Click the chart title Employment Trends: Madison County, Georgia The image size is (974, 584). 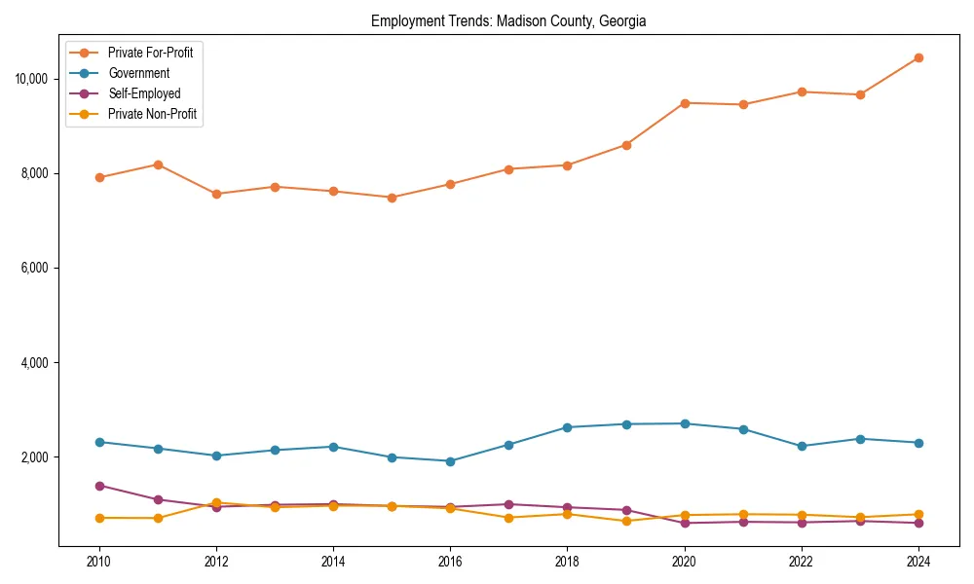(507, 21)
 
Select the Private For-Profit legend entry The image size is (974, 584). (150, 53)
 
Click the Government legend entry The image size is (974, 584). (138, 73)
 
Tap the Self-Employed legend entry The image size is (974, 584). (144, 93)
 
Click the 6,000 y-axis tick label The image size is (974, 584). (36, 268)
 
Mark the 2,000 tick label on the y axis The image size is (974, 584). (36, 457)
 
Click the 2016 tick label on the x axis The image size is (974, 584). (450, 562)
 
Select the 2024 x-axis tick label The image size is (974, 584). (918, 562)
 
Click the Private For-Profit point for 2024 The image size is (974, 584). (918, 57)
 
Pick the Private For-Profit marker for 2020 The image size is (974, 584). (685, 103)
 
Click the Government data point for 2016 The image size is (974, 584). (450, 461)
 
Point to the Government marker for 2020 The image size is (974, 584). (685, 423)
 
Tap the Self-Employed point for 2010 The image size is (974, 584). (98, 486)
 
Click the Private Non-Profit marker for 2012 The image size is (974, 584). (216, 503)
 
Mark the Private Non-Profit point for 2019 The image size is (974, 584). (626, 521)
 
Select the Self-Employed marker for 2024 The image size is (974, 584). (918, 523)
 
